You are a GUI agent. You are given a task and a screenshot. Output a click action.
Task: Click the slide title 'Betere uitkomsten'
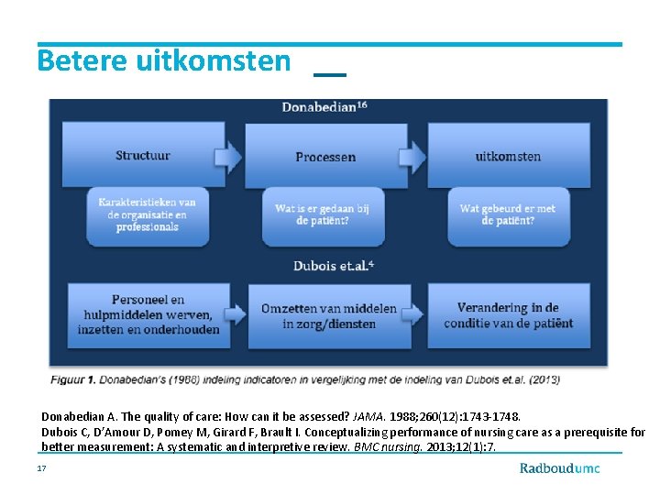pyautogui.click(x=163, y=61)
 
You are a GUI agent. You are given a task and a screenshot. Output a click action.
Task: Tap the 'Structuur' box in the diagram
pyautogui.click(x=143, y=155)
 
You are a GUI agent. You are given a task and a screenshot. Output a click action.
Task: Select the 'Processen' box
pyautogui.click(x=325, y=157)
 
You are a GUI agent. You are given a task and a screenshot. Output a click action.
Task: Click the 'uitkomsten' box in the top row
pyautogui.click(x=509, y=157)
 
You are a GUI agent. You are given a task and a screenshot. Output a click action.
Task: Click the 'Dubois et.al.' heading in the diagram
pyautogui.click(x=333, y=266)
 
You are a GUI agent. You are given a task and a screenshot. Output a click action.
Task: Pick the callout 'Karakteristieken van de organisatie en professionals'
pyautogui.click(x=147, y=214)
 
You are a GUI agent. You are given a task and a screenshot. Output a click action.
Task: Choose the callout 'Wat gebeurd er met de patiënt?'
pyautogui.click(x=507, y=215)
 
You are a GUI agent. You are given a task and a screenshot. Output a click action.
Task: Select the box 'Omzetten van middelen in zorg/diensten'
pyautogui.click(x=329, y=316)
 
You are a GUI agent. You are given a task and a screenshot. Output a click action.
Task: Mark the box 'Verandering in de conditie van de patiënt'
pyautogui.click(x=508, y=315)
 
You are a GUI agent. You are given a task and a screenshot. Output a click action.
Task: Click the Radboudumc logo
pyautogui.click(x=560, y=468)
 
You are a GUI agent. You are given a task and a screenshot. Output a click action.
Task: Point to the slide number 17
pyautogui.click(x=41, y=467)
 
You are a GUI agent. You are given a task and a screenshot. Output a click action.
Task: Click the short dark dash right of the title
pyautogui.click(x=330, y=73)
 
